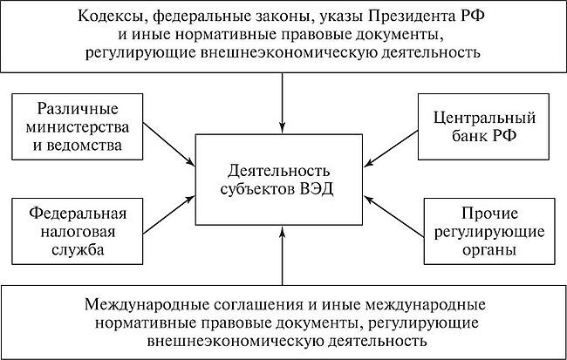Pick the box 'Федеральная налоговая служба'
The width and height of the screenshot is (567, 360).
coord(77,231)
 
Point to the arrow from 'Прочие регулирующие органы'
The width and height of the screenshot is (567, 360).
coord(393,212)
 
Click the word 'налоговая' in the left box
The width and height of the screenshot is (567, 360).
coord(77,231)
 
